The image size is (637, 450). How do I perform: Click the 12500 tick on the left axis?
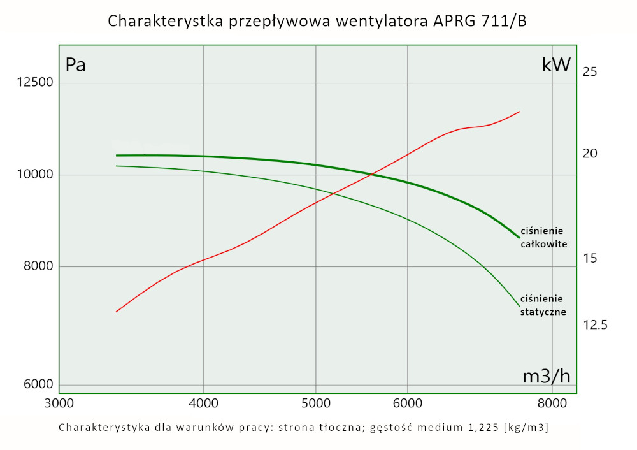pyautogui.click(x=29, y=83)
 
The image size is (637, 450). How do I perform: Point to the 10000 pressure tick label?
pyautogui.click(x=29, y=175)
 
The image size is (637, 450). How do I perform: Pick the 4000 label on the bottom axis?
pyautogui.click(x=203, y=403)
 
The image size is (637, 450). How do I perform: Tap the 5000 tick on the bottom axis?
pyautogui.click(x=316, y=403)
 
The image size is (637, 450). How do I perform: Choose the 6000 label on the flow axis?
pyautogui.click(x=407, y=403)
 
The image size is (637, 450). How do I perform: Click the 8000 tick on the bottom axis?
pyautogui.click(x=552, y=403)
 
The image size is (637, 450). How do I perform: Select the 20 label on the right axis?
pyautogui.click(x=590, y=154)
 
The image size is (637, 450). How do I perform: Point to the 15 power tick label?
pyautogui.click(x=590, y=259)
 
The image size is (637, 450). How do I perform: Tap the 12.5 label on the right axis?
pyautogui.click(x=595, y=325)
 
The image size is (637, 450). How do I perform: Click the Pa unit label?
pyautogui.click(x=76, y=65)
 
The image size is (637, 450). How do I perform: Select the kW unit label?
pyautogui.click(x=556, y=65)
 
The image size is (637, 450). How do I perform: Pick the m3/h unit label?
pyautogui.click(x=547, y=377)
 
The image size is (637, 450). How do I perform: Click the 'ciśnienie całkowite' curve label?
pyautogui.click(x=543, y=237)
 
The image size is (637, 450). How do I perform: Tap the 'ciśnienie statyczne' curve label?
pyautogui.click(x=543, y=305)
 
